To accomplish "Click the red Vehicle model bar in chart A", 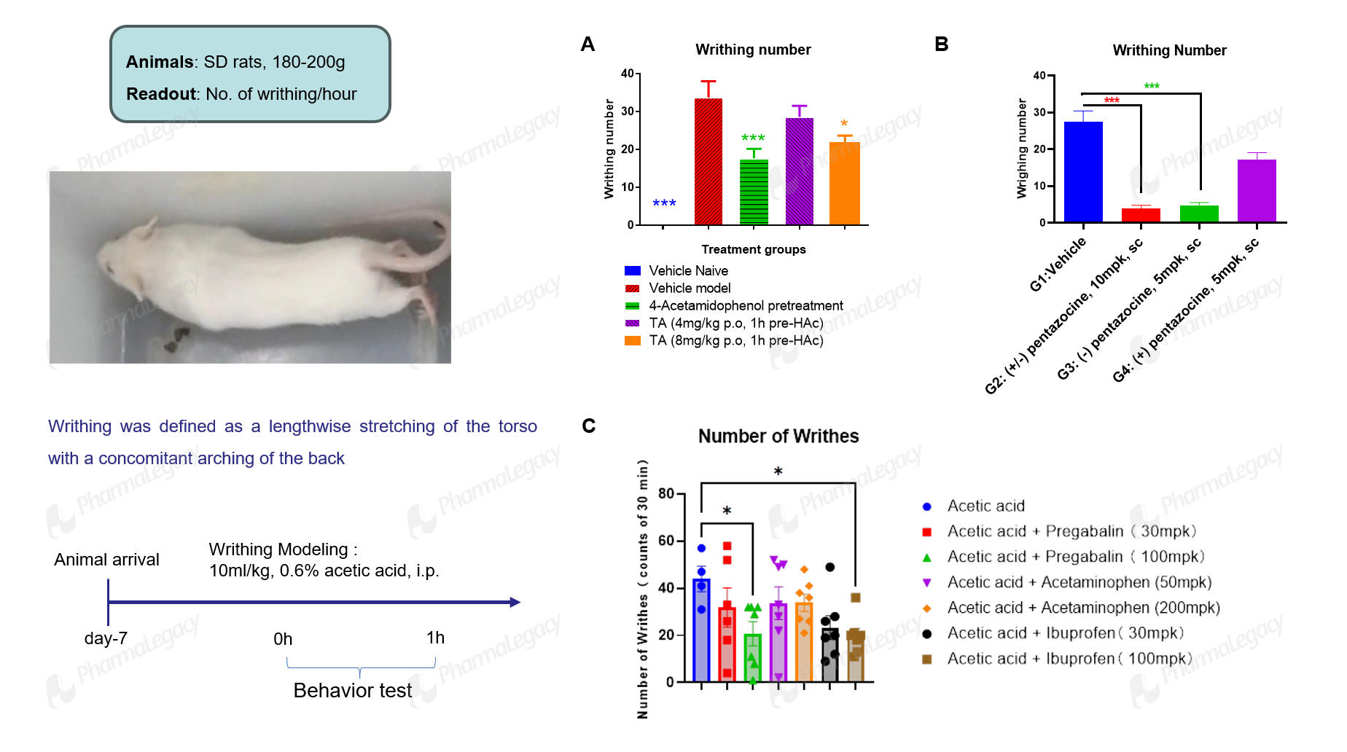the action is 708,161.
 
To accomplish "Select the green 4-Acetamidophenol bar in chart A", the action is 754,192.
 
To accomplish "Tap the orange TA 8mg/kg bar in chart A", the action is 845,183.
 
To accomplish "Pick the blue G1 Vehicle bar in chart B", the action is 1083,171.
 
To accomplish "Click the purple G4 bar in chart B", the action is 1257,190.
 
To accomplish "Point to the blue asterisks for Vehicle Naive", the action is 664,203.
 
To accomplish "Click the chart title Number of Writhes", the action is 778,436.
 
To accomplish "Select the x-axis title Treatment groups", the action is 754,249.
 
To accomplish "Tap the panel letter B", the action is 942,44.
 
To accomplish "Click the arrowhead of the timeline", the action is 515,602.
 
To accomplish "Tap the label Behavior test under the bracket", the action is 353,690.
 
